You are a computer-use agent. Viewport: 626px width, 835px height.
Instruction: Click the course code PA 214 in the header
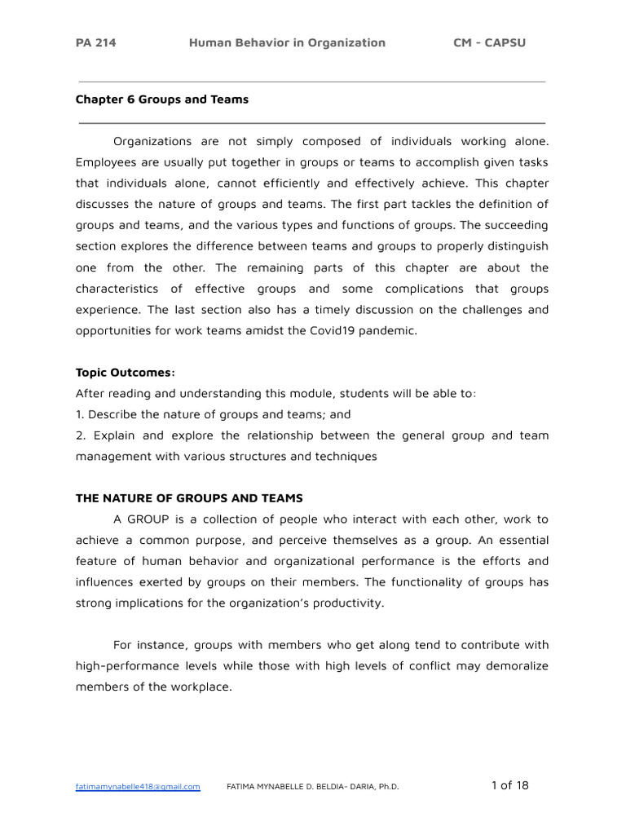coord(95,43)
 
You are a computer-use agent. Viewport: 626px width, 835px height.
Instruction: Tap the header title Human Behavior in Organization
coord(287,43)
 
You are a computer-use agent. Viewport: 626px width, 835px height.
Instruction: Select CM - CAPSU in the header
coord(489,43)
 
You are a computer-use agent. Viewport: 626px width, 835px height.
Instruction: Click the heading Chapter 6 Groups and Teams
coord(162,99)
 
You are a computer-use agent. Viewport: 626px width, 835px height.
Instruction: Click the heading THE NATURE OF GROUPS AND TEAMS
coord(189,498)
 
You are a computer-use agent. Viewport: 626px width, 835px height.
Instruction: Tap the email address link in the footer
coord(138,787)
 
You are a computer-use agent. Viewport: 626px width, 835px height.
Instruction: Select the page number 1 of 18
coord(509,785)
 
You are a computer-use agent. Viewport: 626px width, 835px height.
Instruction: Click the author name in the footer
coord(312,787)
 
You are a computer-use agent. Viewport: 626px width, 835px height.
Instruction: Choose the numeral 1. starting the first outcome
coord(80,414)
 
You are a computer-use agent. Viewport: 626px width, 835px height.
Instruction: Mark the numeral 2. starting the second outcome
coord(81,435)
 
